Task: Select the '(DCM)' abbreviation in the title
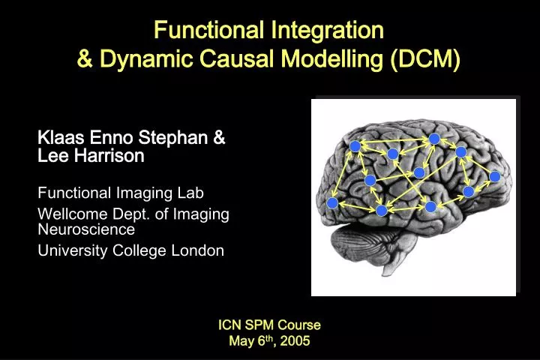[x=425, y=57]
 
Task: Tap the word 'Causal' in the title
[x=227, y=57]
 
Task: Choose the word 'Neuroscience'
[x=86, y=229]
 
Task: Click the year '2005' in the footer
[x=294, y=341]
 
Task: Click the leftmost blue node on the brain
[x=332, y=202]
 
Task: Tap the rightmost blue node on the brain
[x=495, y=177]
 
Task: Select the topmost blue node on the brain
[x=433, y=139]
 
